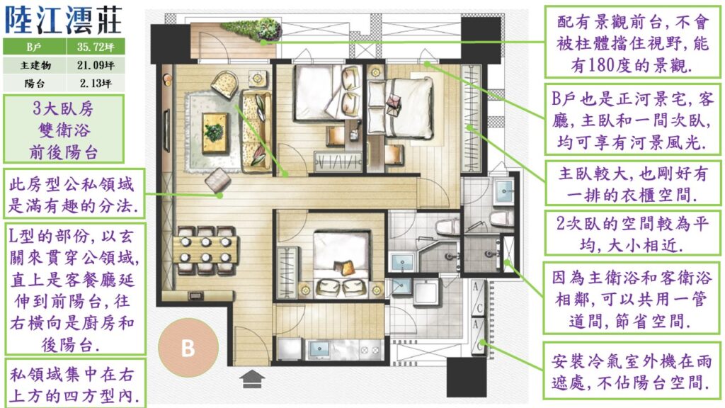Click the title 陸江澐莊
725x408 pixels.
click(x=63, y=20)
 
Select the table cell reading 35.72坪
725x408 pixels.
click(x=96, y=47)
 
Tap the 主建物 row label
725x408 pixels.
click(x=34, y=65)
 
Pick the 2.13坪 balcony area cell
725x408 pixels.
click(x=96, y=84)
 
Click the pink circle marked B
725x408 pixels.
click(x=188, y=347)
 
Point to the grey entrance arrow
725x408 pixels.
click(x=252, y=378)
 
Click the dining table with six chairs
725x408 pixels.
click(x=206, y=249)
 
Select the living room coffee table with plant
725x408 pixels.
click(x=215, y=132)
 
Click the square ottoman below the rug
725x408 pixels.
click(x=218, y=179)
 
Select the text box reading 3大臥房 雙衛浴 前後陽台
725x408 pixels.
click(x=64, y=129)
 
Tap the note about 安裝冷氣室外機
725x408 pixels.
click(x=632, y=371)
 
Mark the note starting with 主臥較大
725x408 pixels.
click(x=633, y=183)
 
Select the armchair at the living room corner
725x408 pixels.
click(x=225, y=84)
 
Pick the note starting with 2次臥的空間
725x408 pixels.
click(x=632, y=233)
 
